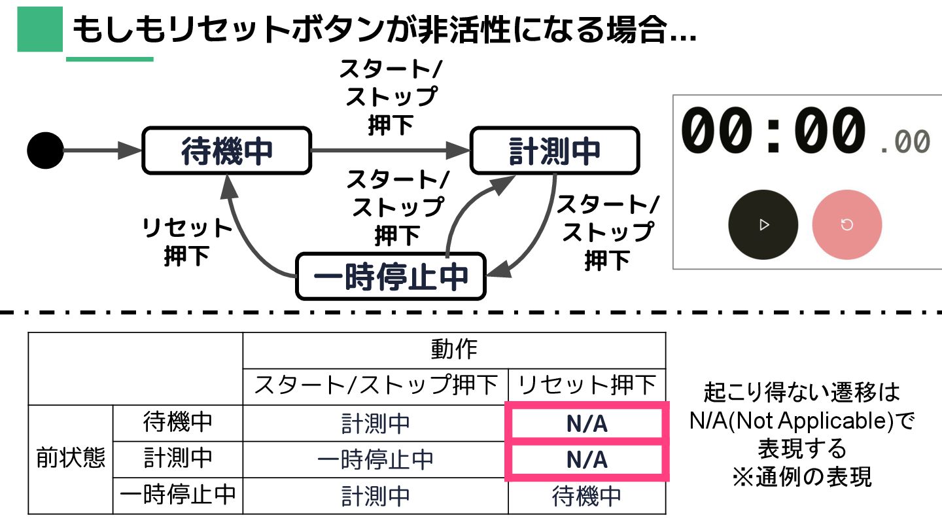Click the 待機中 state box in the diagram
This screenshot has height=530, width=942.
point(226,151)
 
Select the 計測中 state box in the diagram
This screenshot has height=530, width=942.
point(554,151)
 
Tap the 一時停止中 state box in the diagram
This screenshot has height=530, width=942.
point(391,276)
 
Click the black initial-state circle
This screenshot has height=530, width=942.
point(45,150)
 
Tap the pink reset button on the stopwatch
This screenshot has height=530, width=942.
point(846,225)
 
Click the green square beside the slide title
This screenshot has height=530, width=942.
point(39,29)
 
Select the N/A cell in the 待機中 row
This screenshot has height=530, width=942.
point(587,424)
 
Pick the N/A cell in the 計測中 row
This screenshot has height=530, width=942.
point(587,459)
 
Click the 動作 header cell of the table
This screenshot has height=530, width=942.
point(454,350)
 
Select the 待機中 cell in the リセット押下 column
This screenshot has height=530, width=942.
point(587,496)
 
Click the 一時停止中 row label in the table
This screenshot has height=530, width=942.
point(177,496)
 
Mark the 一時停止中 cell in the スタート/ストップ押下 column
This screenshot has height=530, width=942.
point(375,459)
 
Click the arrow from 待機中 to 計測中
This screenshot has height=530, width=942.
point(390,150)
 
